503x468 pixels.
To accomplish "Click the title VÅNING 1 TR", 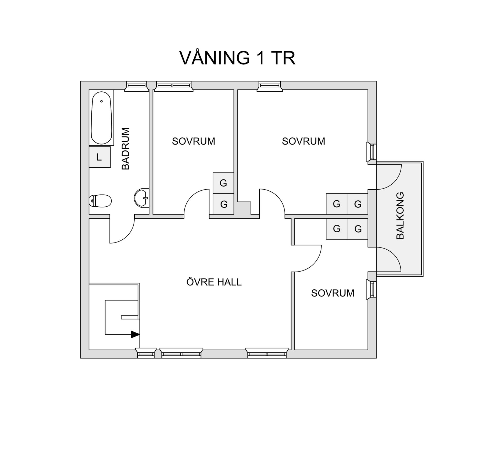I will tap(237, 58).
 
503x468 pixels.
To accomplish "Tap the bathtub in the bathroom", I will tap(101, 118).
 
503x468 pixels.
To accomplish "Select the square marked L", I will tap(100, 157).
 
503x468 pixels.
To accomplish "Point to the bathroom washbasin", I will tap(142, 198).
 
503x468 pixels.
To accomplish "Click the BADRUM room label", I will tap(126, 148).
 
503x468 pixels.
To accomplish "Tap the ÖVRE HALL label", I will tap(214, 282).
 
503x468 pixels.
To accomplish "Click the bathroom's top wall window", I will tap(136, 86).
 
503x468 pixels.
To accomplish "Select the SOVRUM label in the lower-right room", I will tap(332, 293).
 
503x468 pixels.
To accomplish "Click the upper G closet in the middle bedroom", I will tap(223, 183).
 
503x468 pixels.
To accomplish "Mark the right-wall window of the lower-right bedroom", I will tap(371, 289).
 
